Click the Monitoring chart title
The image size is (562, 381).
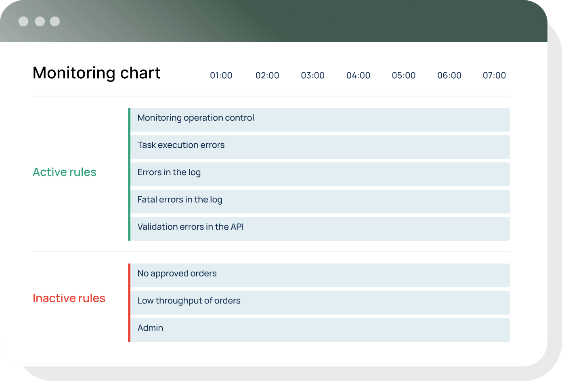tap(96, 73)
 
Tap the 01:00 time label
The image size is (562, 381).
tap(221, 75)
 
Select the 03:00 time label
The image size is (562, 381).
tap(312, 75)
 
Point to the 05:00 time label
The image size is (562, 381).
tap(404, 75)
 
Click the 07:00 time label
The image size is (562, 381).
tap(494, 75)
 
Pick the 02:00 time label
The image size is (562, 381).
tap(267, 75)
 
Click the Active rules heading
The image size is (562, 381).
tap(65, 172)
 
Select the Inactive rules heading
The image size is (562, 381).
tap(69, 298)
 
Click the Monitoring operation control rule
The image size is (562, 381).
tap(196, 118)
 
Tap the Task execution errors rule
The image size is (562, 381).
tap(181, 145)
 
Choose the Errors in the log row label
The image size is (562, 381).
tap(169, 173)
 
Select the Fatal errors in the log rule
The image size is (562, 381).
tap(180, 200)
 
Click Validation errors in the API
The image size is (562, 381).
tap(191, 227)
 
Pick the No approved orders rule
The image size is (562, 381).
tap(177, 274)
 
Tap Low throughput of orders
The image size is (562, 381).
tap(189, 301)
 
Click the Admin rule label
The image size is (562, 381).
tap(150, 328)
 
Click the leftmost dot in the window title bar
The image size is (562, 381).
tap(23, 21)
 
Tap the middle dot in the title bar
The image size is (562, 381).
tap(40, 21)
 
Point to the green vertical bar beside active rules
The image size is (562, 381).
tap(129, 174)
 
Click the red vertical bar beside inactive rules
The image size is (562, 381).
tap(129, 302)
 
